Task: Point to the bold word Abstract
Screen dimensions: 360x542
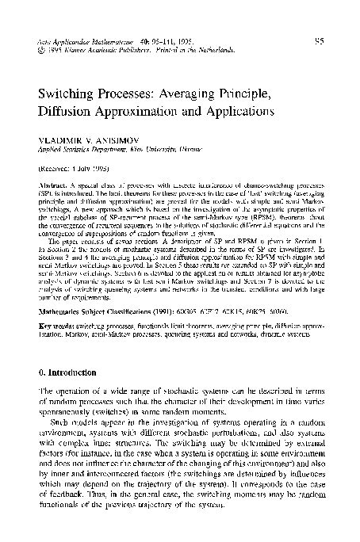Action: tap(52, 187)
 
